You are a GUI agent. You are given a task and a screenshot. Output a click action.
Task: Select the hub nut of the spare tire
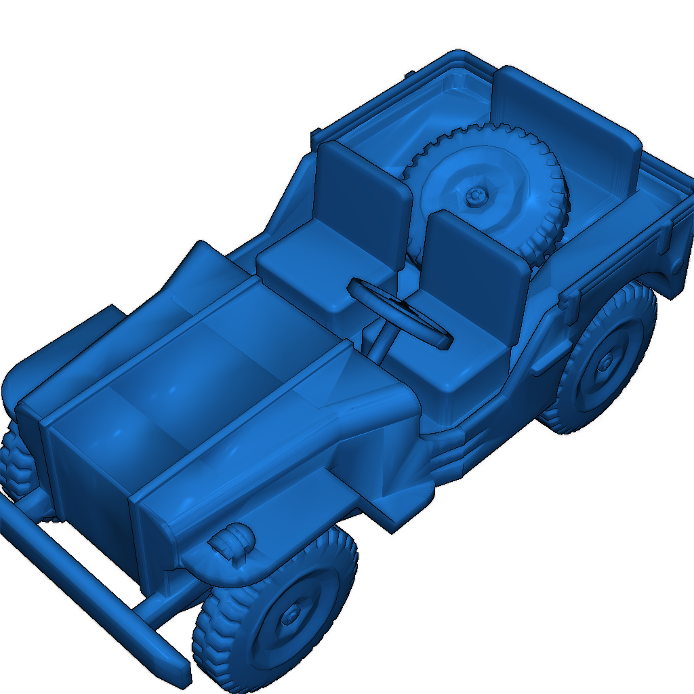(x=476, y=197)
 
